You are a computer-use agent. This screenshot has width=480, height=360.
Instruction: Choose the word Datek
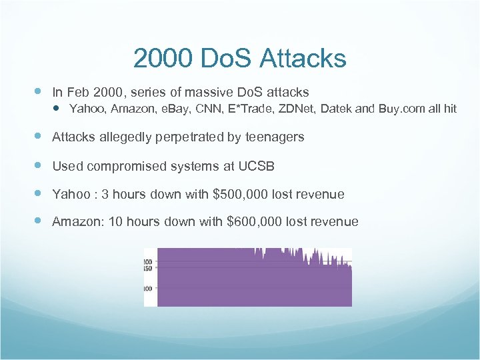tap(336, 108)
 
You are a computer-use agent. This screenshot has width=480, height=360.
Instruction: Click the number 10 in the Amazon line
tap(115, 221)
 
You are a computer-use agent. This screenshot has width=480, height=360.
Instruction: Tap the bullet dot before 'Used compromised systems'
tap(39, 165)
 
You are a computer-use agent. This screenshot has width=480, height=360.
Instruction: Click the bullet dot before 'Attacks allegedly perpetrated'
tap(39, 136)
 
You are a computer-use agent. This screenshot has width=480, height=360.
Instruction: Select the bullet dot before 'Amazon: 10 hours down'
tap(39, 221)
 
